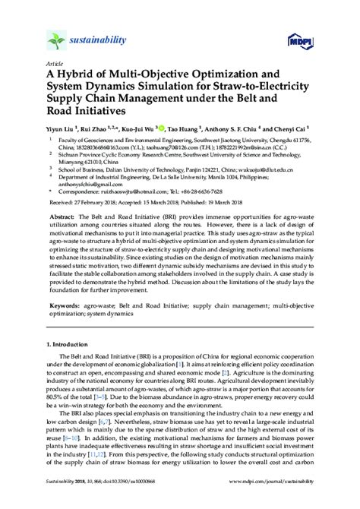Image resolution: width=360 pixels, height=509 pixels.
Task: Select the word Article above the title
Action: click(55, 65)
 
